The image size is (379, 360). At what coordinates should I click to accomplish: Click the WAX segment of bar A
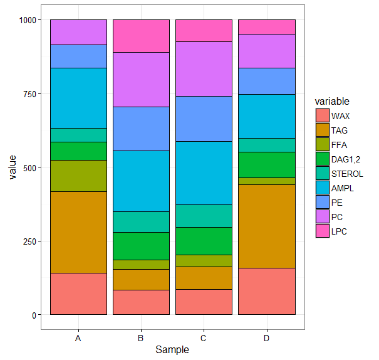point(78,294)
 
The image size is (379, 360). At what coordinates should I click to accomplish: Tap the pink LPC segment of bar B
point(141,36)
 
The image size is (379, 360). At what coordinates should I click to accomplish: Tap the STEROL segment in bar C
point(204,216)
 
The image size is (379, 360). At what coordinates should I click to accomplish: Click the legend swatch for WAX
point(322,116)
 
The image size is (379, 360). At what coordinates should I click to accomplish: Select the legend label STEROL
point(346,174)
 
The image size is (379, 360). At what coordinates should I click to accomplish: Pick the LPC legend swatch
point(322,231)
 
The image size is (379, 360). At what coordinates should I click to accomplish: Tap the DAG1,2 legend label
point(346,159)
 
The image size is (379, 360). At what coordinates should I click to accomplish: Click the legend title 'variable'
point(332,101)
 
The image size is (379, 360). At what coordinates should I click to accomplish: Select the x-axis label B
point(141,339)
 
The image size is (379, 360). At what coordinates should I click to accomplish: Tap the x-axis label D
point(267,339)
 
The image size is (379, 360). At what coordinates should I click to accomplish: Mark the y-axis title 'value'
point(12,167)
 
